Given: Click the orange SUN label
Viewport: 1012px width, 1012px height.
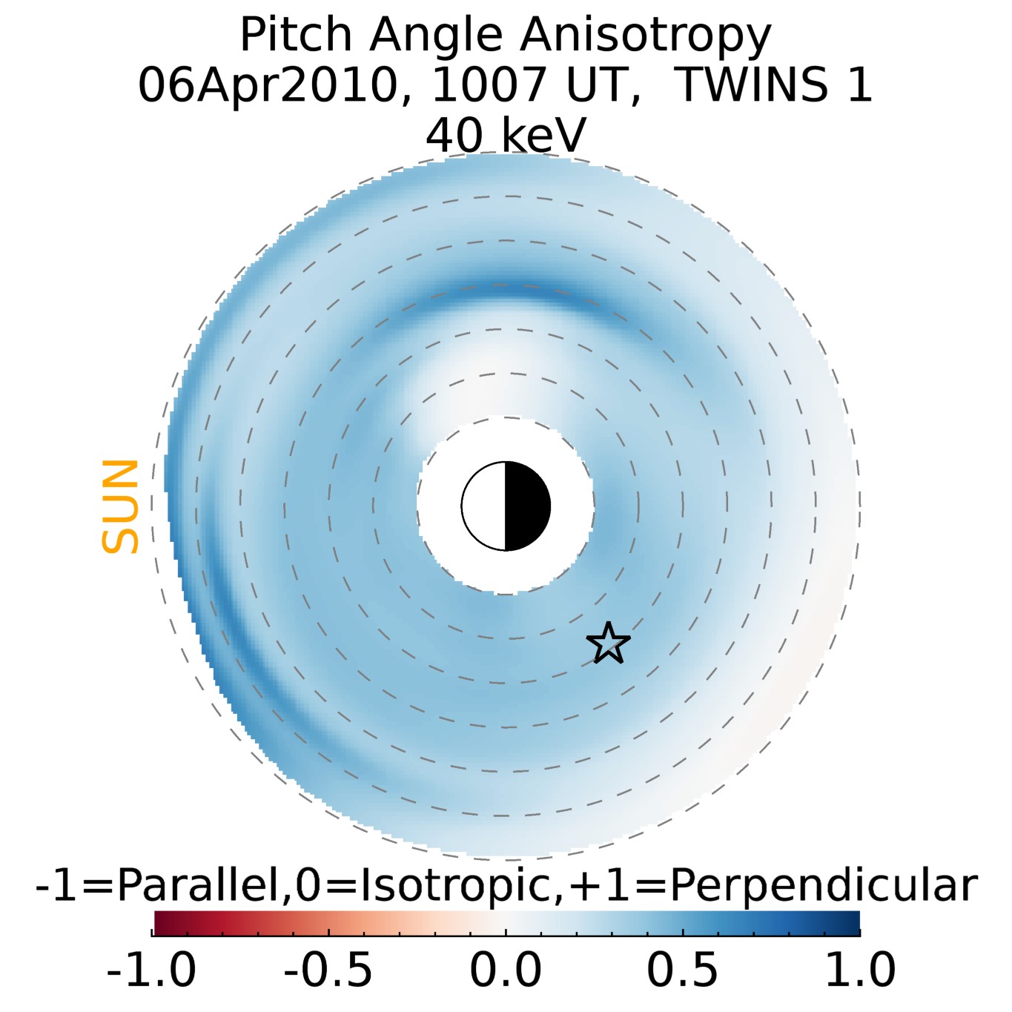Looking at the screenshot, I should (120, 506).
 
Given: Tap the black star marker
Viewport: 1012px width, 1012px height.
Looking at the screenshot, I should (608, 644).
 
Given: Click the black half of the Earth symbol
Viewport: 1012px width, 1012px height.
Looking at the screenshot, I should (527, 506).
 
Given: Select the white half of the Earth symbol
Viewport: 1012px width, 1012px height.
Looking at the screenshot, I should (484, 506).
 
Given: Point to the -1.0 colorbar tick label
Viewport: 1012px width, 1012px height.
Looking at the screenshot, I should (151, 970).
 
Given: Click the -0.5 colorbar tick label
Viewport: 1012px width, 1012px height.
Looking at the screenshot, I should (328, 970).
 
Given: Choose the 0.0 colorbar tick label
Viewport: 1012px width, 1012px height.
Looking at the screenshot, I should (506, 970).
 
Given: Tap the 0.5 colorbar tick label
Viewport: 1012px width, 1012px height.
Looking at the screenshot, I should (682, 970).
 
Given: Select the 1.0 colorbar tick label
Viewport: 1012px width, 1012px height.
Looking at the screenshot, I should (860, 970).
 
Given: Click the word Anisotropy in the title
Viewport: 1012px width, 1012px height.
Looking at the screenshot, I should (646, 36).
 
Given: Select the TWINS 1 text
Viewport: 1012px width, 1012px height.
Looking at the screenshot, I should (775, 85).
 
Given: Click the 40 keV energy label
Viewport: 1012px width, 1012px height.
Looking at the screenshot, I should (506, 135).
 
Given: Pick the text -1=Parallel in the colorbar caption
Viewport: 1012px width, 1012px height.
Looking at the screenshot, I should (160, 885).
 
